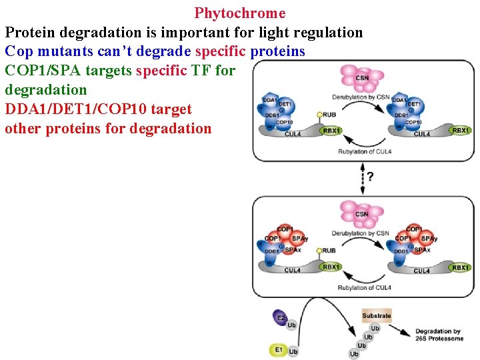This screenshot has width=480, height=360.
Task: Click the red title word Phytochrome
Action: coord(240,13)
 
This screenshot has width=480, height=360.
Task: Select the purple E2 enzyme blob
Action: coord(280,318)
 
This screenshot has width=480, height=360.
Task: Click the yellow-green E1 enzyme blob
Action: coord(278,349)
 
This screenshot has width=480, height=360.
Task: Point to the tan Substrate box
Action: coord(377,315)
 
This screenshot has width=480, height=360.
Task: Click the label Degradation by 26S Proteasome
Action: coord(439,335)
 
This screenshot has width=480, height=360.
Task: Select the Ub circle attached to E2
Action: coord(291,325)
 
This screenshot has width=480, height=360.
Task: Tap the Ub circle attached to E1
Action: coord(293,351)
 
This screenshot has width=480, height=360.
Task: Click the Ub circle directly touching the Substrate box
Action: coord(375,328)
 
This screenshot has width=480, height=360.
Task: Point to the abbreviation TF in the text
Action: coord(201,71)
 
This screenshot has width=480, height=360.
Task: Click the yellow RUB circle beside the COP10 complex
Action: coord(321,115)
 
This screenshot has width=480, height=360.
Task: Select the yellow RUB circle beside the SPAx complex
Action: coord(321,251)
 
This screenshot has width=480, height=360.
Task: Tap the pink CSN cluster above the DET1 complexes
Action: coord(362,77)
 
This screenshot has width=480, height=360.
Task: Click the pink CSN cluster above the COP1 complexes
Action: coord(362,213)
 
